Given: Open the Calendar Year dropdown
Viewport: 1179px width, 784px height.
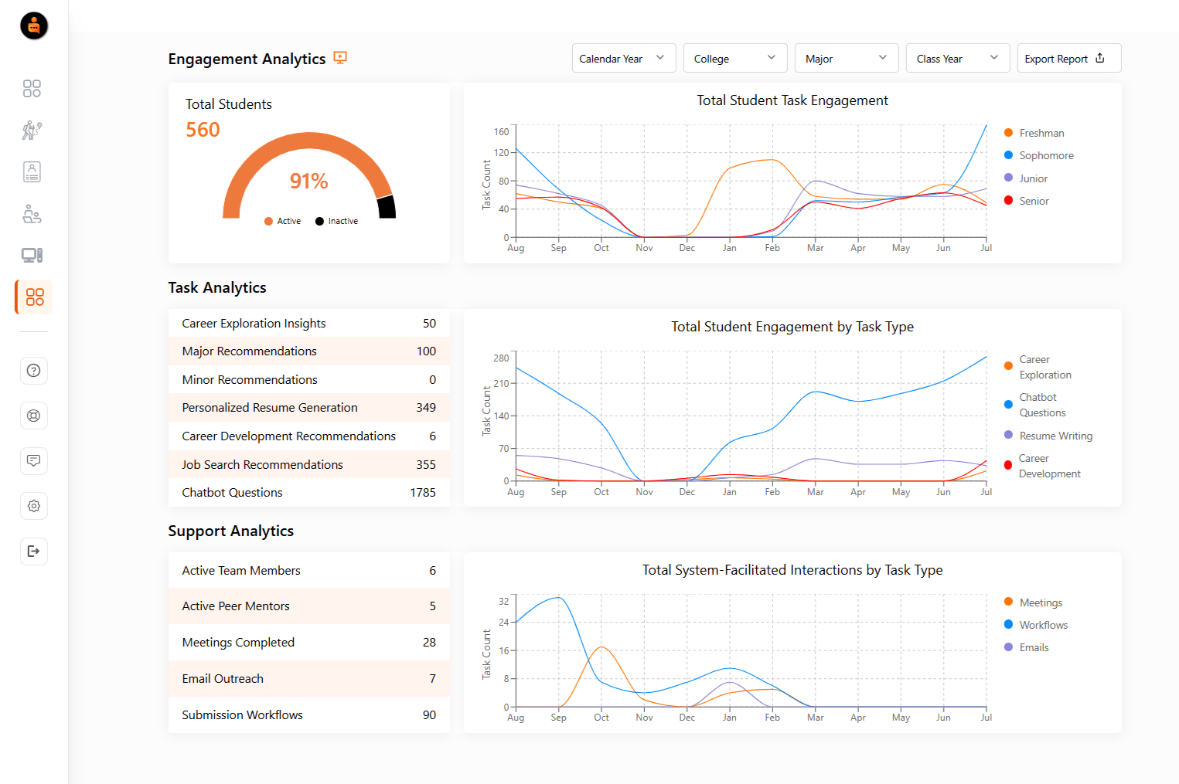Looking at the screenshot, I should pos(623,59).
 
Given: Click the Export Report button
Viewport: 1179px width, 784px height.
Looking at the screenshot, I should pos(1068,59).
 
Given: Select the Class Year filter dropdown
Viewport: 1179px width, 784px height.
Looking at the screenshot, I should pos(957,59).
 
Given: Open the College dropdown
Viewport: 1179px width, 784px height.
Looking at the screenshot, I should pos(734,59).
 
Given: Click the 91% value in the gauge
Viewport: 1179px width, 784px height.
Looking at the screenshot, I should pos(308,181).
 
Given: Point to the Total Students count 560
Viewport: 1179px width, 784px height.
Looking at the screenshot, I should pos(203,130).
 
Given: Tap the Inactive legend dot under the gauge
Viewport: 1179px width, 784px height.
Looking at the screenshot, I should pos(319,222).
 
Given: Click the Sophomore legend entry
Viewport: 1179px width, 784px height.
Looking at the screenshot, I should pos(1045,156).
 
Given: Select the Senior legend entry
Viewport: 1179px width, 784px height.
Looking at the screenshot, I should pos(1034,201).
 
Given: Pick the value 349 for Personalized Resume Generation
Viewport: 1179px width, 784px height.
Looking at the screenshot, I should pos(426,408).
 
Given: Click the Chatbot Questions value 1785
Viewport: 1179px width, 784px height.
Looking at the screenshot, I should pos(423,493).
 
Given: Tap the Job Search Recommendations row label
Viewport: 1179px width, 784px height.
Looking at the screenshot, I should pos(262,465).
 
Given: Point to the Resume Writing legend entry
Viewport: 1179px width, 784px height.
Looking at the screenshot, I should pos(1055,436).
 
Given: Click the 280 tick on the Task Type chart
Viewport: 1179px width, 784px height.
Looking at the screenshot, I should pos(501,358).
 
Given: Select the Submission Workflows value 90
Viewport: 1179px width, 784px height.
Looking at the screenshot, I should pos(429,715).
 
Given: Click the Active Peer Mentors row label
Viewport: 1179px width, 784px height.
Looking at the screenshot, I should pos(236,606).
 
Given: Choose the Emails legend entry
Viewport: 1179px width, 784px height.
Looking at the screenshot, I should pos(1034,648).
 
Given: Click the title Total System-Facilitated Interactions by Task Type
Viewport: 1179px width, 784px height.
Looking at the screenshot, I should pos(792,570).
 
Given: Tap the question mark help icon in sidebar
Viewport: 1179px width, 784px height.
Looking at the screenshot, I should pos(33,371).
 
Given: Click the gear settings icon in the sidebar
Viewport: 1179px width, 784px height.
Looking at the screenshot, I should pos(33,506).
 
